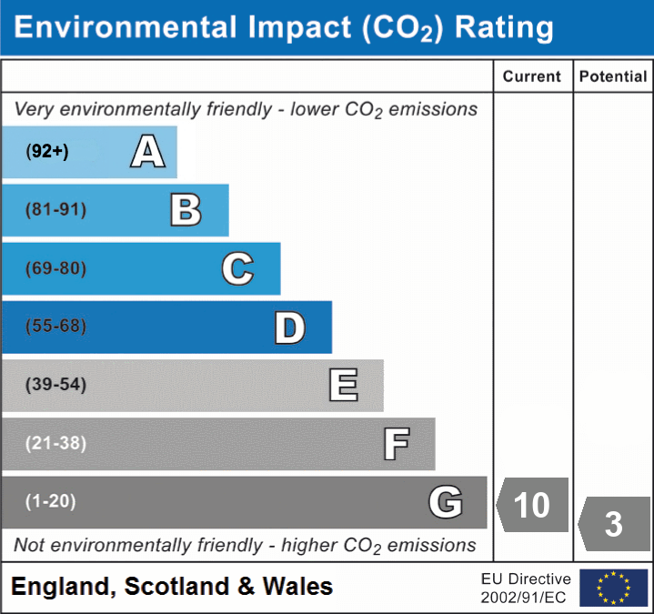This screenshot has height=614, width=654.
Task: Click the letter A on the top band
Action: (x=148, y=152)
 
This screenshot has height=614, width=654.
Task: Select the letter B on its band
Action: (x=186, y=210)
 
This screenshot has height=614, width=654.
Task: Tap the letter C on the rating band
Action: (x=237, y=268)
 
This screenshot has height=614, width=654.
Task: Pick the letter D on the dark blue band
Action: (x=289, y=327)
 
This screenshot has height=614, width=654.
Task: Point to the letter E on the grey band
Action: (x=343, y=386)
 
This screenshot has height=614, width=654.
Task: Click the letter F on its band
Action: (x=396, y=444)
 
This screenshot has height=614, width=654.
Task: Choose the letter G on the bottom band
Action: (x=446, y=502)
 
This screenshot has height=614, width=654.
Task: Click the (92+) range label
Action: (x=47, y=152)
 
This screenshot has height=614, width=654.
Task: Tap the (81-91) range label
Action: (x=56, y=210)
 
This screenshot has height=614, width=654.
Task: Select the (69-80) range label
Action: (x=56, y=268)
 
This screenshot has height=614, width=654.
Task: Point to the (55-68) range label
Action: (x=56, y=327)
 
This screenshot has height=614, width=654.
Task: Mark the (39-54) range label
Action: (x=56, y=385)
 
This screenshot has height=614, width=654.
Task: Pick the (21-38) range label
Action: (x=56, y=443)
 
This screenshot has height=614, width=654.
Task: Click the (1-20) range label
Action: (x=51, y=501)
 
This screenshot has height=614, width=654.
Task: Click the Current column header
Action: (x=532, y=77)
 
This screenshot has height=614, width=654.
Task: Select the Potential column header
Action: (x=613, y=77)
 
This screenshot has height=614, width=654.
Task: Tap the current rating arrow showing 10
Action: (x=533, y=503)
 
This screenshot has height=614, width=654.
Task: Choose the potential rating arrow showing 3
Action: (x=615, y=524)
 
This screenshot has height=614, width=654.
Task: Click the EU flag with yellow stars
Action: (x=613, y=588)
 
